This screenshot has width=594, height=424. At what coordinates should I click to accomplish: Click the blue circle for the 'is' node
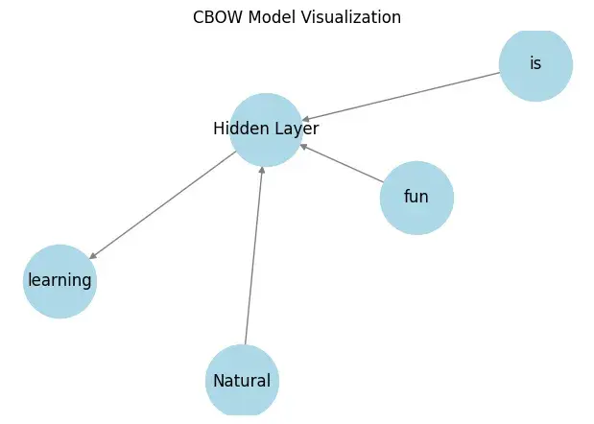535,64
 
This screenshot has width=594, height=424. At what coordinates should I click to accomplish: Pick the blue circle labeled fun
416,198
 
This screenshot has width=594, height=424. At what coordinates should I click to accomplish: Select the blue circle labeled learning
59,281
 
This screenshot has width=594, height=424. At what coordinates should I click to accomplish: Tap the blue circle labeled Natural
242,381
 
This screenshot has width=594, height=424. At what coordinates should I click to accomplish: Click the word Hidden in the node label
238,129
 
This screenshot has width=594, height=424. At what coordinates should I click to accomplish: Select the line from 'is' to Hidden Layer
403,95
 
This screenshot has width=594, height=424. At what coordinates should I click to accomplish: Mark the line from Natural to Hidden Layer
254,259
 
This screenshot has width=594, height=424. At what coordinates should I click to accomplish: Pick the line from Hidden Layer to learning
163,204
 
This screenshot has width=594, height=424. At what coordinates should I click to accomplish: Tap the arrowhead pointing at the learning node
93,256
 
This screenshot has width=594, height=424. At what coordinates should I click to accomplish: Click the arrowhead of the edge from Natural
262,171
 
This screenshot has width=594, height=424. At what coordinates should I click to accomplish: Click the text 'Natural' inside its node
242,381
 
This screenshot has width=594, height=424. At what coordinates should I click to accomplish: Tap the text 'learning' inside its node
59,281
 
